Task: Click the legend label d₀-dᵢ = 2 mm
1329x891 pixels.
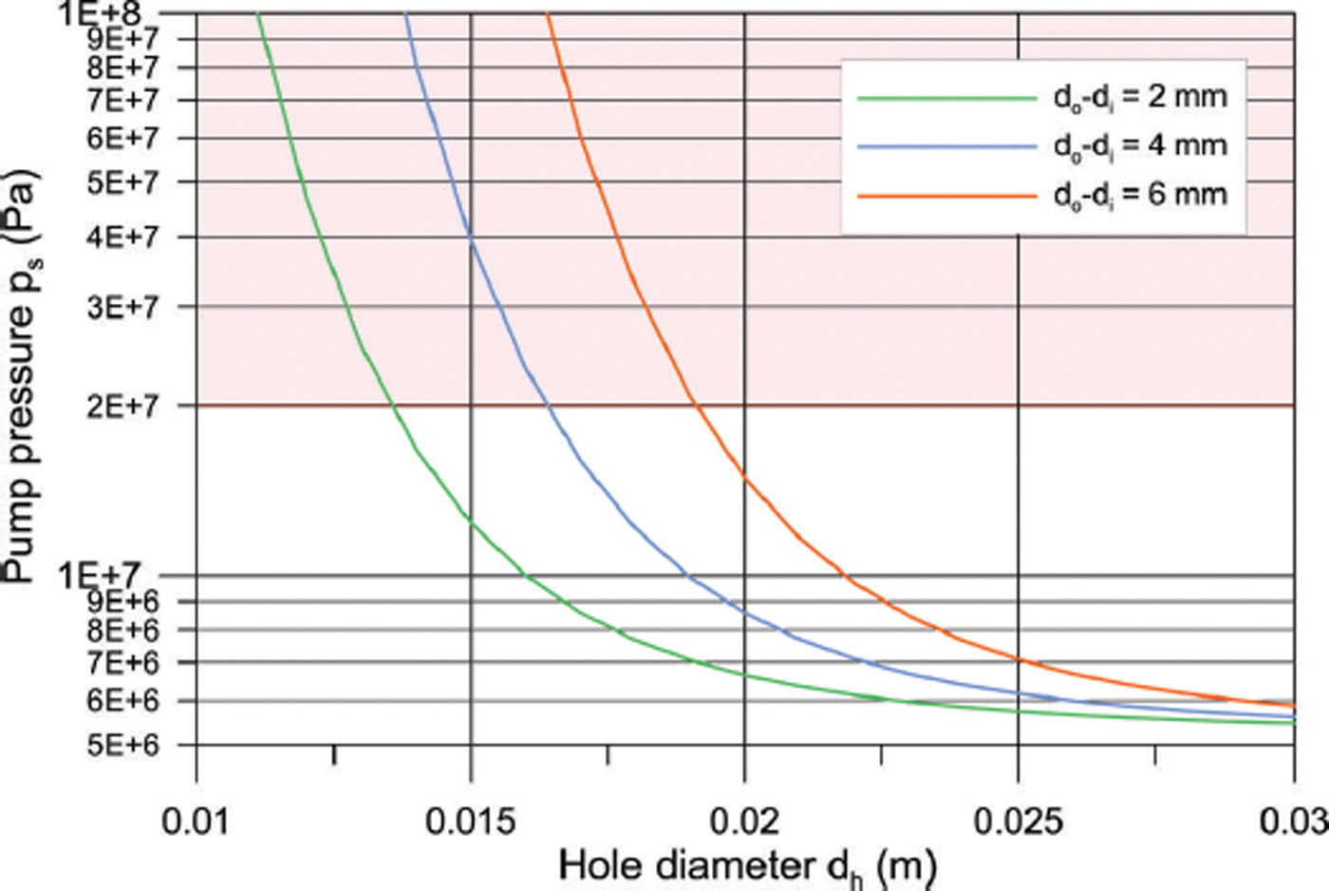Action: coord(1139,97)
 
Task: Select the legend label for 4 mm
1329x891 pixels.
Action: coord(1139,146)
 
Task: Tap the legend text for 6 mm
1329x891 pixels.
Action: coord(1139,196)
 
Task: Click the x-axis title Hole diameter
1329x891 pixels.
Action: coord(747,865)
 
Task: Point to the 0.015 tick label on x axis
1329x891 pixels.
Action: coord(471,820)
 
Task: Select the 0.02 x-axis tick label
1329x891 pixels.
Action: coord(745,820)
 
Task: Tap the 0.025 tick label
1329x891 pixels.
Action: coord(1019,820)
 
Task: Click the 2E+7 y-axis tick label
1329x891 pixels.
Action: coord(123,406)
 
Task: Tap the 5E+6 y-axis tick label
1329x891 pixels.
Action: coord(123,745)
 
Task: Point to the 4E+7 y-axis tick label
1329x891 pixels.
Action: coord(123,237)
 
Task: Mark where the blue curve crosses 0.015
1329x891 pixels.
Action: coord(471,239)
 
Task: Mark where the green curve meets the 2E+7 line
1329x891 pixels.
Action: coord(393,406)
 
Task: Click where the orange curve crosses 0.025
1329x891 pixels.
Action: coord(1019,658)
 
